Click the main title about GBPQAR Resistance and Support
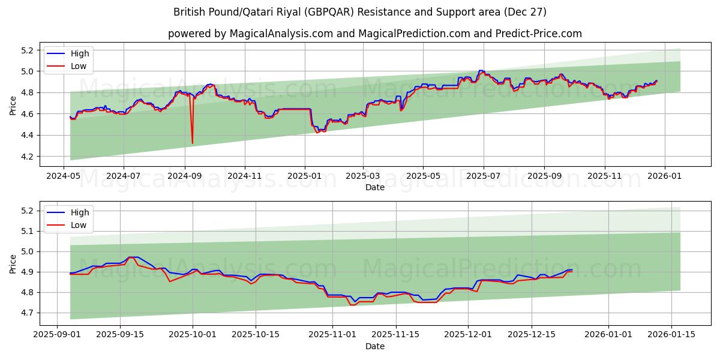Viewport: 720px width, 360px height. (x=359, y=12)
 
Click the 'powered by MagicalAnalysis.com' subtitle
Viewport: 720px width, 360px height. (x=374, y=34)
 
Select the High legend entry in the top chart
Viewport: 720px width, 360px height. (x=79, y=53)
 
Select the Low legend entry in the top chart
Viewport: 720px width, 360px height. (x=78, y=66)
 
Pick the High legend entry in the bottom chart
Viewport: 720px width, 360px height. (x=79, y=212)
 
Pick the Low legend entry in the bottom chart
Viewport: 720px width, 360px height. (x=78, y=225)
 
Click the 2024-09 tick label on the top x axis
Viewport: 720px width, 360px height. (x=184, y=176)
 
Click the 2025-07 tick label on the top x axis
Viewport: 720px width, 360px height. (x=484, y=176)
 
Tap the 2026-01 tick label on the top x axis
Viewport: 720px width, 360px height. (x=665, y=176)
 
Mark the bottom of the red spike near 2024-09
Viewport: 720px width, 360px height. (x=192, y=143)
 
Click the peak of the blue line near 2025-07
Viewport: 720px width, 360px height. (x=480, y=70)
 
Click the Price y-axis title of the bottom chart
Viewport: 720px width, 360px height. (x=13, y=263)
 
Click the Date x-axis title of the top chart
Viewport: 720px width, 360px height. (x=374, y=187)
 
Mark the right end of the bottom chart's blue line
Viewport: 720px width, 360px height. (x=572, y=269)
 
